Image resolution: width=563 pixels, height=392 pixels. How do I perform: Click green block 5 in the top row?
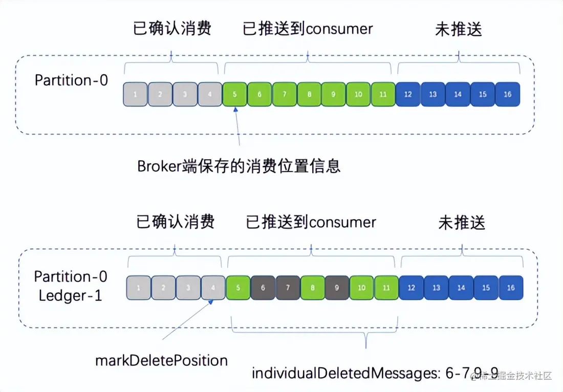coord(235,94)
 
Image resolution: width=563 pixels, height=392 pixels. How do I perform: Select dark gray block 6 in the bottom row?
coord(263,288)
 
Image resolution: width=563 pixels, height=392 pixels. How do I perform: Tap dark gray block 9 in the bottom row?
coord(337,288)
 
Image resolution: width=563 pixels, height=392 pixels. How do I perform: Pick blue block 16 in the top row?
coord(507,94)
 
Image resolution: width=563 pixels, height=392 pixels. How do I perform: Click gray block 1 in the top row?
coord(135,94)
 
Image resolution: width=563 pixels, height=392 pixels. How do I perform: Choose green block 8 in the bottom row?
coord(312,288)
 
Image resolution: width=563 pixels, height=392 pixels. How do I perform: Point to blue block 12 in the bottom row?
coord(411,288)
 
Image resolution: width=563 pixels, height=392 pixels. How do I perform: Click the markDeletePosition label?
coord(161,360)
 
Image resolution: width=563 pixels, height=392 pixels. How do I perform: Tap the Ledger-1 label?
coord(70,295)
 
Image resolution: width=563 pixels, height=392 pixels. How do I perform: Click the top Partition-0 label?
coord(71,80)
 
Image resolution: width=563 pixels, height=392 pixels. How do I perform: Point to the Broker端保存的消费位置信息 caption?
coord(239,166)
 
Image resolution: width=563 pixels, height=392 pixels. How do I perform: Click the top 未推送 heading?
coord(459,30)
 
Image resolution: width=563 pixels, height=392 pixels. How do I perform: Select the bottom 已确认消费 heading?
coord(175,222)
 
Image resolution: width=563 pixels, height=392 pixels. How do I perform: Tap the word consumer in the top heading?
coord(340,29)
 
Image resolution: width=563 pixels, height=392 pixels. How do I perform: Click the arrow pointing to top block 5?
coord(237,128)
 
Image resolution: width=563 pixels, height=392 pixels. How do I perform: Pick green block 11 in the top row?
coord(383,94)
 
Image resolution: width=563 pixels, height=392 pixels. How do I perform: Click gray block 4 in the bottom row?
coord(213,288)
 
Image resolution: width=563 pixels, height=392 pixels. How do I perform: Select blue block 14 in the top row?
coord(458,94)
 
